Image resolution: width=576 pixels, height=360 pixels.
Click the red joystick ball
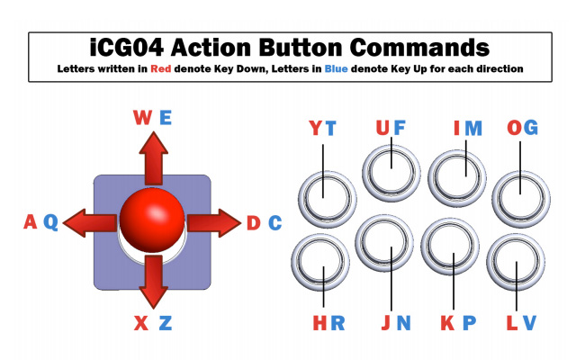tap(152, 220)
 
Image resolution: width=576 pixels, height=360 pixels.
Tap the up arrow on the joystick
tap(154, 158)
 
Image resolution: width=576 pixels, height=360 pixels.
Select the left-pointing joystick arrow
tap(90, 223)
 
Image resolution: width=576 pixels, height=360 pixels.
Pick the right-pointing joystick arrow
tap(214, 223)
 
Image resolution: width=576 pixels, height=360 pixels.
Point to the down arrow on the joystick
tap(154, 282)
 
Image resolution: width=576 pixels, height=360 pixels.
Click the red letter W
tap(142, 118)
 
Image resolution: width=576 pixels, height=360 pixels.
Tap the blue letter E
tap(166, 118)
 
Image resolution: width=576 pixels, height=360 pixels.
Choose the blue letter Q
tap(50, 222)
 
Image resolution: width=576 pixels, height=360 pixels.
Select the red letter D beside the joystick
tap(254, 223)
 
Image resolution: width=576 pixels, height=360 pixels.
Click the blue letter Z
tap(166, 323)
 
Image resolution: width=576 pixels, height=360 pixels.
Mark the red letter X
tap(141, 323)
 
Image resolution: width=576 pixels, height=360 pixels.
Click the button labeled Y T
tap(327, 200)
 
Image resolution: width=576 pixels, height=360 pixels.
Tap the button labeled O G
tap(521, 200)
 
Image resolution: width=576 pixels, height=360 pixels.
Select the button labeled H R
tap(320, 262)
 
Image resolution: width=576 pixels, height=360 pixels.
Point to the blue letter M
tap(473, 128)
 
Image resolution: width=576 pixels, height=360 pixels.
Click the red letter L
tap(512, 323)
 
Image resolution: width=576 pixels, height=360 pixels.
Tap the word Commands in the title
tap(419, 48)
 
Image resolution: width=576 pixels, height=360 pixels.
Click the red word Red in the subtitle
tap(161, 68)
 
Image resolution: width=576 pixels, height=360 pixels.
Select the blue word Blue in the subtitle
tap(336, 68)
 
